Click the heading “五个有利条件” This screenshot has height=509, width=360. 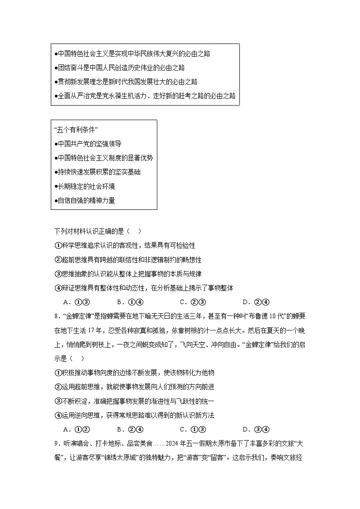76,130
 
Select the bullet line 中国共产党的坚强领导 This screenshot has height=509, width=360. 88,144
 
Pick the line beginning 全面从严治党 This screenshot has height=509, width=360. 145,96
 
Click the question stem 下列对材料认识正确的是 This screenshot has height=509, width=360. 97,231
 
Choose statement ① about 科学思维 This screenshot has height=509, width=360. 125,245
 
